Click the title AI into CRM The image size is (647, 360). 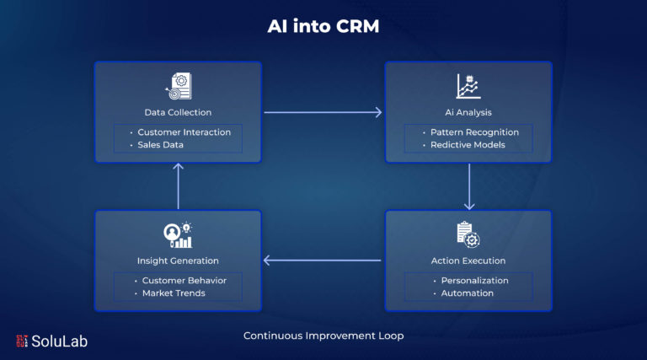[x=323, y=26]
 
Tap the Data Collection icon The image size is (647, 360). [x=179, y=86]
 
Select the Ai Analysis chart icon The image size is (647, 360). [x=468, y=86]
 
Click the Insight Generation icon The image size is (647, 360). [x=178, y=235]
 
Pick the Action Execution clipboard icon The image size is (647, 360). [x=468, y=234]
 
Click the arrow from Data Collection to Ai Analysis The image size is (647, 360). [x=323, y=112]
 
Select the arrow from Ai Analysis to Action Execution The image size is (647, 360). [x=469, y=186]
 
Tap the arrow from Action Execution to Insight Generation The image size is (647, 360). [x=322, y=260]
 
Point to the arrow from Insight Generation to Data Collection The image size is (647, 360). [x=179, y=186]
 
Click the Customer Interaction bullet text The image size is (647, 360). [x=184, y=132]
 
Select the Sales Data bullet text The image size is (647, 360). [x=161, y=145]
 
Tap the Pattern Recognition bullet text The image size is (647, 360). [x=474, y=132]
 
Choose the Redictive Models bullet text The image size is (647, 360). [x=468, y=145]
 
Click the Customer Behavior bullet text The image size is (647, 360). [x=184, y=280]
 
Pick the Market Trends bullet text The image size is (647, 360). [x=174, y=293]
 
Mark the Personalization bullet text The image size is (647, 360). [x=475, y=280]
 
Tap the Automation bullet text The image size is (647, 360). [x=467, y=293]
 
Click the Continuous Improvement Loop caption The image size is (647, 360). [x=323, y=336]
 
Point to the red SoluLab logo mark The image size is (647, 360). [x=22, y=341]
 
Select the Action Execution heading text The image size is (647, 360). [x=468, y=261]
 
